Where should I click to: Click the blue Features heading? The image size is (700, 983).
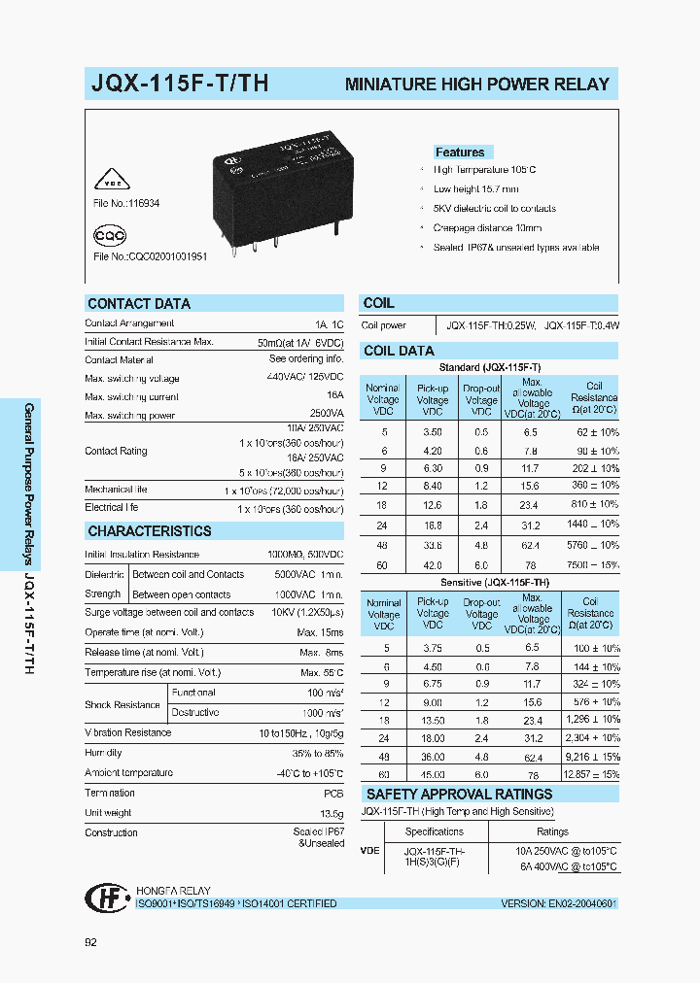click(460, 153)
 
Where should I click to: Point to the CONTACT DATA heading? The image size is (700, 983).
click(139, 304)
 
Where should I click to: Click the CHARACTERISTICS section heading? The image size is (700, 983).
click(149, 531)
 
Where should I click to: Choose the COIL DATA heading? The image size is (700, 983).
click(399, 351)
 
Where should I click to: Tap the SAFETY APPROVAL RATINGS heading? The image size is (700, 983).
click(459, 795)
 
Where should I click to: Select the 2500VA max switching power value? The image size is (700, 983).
click(324, 415)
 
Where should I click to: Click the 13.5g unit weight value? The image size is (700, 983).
click(331, 813)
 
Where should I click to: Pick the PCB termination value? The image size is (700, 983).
click(332, 793)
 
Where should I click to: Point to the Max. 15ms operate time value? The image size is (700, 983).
click(321, 632)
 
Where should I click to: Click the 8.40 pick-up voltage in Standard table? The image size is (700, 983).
click(433, 486)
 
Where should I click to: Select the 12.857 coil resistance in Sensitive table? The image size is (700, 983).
click(591, 774)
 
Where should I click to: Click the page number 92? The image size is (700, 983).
click(91, 941)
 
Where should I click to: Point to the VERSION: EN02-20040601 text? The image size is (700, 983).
click(559, 903)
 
